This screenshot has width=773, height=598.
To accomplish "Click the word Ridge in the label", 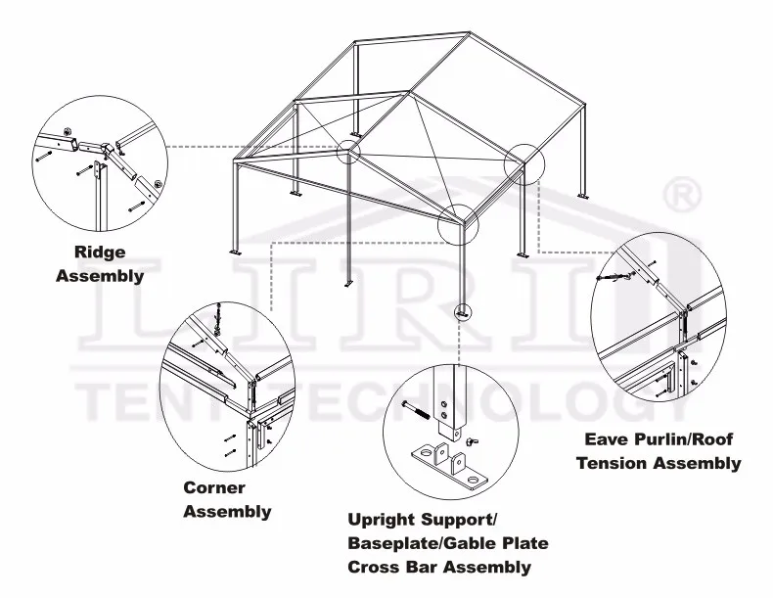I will point(100,253).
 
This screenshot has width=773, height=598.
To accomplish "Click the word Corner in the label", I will point(214,487).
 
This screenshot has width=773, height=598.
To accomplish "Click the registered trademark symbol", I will point(682,194).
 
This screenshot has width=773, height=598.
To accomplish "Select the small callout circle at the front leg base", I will point(463,312).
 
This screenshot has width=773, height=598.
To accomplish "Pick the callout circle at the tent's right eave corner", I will point(522,162).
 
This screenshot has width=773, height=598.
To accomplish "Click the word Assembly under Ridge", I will point(100,276).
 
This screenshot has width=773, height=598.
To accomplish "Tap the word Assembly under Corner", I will point(228,511).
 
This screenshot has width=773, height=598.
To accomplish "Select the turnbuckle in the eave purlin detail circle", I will point(614,277).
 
